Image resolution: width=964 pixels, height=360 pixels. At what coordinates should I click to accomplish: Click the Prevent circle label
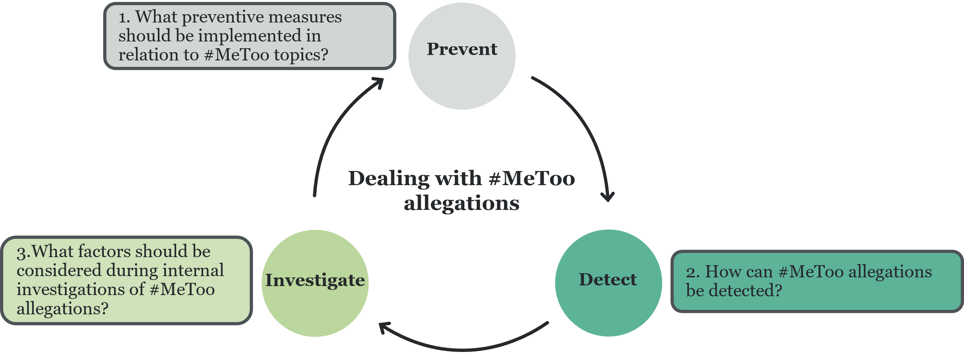click(462, 49)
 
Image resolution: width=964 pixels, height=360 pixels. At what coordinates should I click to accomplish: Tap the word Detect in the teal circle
click(608, 280)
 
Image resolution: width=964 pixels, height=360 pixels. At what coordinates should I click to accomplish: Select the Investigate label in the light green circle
click(315, 280)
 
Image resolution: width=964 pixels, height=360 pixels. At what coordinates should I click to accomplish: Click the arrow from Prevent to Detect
click(584, 127)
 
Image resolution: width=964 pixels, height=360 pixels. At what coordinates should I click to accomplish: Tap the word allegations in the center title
click(461, 203)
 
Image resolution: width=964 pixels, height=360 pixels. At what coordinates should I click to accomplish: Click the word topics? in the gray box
click(301, 55)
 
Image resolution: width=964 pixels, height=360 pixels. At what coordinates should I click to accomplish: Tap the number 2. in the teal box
click(692, 272)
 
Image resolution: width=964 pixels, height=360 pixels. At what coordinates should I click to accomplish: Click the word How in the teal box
click(720, 272)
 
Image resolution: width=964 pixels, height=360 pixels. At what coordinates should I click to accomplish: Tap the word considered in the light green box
click(59, 271)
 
